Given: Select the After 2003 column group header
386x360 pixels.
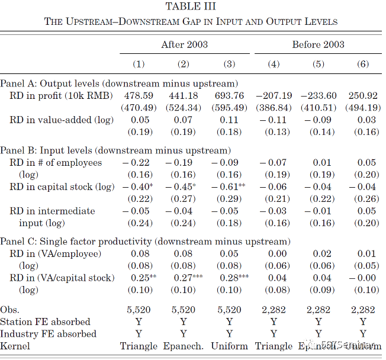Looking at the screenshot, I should pos(184,44).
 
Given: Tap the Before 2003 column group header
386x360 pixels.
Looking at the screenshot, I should pos(318,44).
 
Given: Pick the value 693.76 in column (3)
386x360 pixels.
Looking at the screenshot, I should pos(230,95).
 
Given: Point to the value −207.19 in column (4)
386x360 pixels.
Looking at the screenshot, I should pos(274,95).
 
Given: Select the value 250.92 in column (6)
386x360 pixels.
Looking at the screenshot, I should pos(363,95).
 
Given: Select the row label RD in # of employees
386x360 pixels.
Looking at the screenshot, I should pos(56,163).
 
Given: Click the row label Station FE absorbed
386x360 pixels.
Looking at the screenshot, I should pos(46,322).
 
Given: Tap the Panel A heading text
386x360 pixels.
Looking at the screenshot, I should pos(119,83).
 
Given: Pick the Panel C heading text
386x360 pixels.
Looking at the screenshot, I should pos(146,242).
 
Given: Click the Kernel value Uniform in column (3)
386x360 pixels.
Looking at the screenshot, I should pos(230,346).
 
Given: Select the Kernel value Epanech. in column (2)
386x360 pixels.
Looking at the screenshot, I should pos(185,346).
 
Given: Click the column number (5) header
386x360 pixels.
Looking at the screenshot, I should pos(319,64).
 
